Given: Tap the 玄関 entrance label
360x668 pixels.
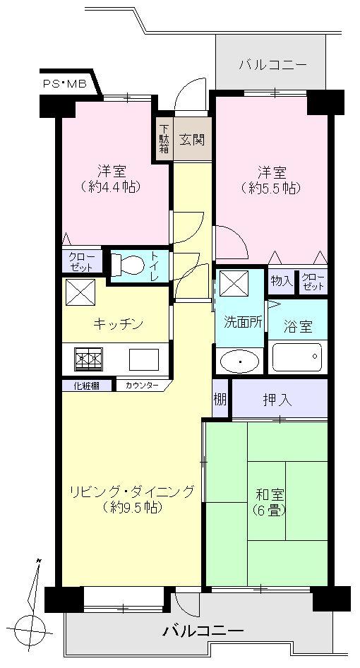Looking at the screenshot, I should tap(191, 139).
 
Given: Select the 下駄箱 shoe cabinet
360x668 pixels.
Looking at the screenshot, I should tap(164, 139).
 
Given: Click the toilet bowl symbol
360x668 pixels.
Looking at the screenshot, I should tap(128, 265).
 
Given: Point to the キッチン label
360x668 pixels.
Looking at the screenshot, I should tap(118, 323).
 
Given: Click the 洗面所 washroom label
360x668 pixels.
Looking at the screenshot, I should tap(241, 321).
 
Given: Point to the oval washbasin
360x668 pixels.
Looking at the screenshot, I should tap(240, 362).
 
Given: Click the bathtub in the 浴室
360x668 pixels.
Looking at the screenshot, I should tap(297, 357).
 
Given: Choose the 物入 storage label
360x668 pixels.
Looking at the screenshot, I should tap(281, 281).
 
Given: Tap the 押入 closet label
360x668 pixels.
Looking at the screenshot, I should tap(280, 400).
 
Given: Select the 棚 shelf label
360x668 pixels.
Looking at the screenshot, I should tap(220, 399).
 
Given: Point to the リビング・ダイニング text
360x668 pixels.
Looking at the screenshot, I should tap(131, 492).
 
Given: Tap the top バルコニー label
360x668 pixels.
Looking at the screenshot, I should tap(272, 66).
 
